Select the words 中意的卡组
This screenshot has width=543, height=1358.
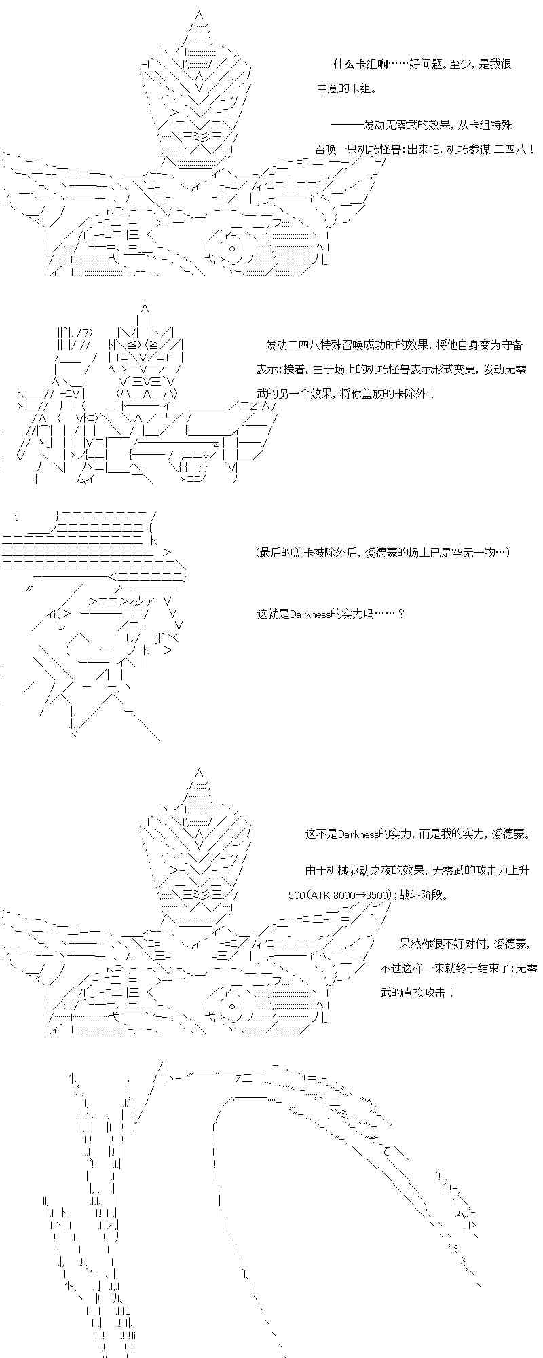(344, 89)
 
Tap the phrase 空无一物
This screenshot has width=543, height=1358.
(471, 553)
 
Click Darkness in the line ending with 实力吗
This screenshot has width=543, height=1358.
(310, 614)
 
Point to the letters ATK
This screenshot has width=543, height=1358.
(321, 895)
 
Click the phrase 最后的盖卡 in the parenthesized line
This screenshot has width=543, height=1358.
(291, 553)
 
